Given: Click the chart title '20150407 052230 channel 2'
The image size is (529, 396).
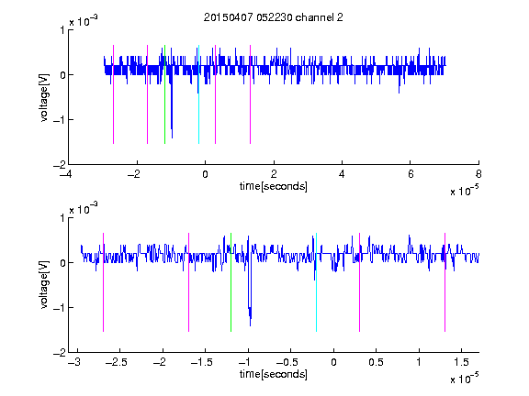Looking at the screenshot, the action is click(x=274, y=17).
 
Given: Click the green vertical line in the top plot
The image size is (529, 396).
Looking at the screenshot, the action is click(x=164, y=94).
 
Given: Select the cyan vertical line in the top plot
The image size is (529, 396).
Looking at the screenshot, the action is click(x=198, y=94).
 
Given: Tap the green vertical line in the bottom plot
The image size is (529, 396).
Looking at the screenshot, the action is click(x=231, y=282).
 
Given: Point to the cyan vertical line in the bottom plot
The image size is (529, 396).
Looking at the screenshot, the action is click(x=316, y=282).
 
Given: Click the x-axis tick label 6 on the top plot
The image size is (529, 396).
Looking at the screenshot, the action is click(x=411, y=174).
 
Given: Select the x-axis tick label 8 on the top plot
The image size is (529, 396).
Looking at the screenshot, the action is click(x=478, y=174).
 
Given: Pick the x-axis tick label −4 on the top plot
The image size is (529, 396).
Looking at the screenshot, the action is click(x=66, y=174).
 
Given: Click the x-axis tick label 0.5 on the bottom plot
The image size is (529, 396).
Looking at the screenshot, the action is click(x=376, y=362).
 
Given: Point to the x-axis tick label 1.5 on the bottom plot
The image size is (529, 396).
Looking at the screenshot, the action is click(x=461, y=362).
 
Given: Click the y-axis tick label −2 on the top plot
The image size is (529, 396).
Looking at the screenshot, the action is click(x=59, y=165).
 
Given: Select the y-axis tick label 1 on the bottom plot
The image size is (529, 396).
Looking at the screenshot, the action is click(x=62, y=218).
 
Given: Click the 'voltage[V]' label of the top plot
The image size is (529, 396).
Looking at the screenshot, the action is click(x=44, y=97).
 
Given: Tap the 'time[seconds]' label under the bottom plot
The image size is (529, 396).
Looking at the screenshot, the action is click(x=274, y=374).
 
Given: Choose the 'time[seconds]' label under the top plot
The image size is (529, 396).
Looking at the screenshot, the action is click(x=274, y=186).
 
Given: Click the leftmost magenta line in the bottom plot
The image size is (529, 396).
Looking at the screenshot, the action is click(x=103, y=282).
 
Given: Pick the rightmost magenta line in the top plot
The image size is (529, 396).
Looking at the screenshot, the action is click(x=250, y=94).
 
